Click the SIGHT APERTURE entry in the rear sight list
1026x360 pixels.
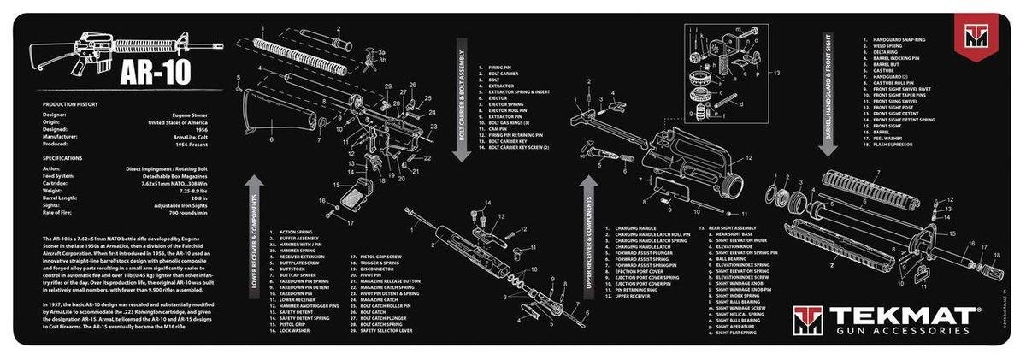tap(734, 325)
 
